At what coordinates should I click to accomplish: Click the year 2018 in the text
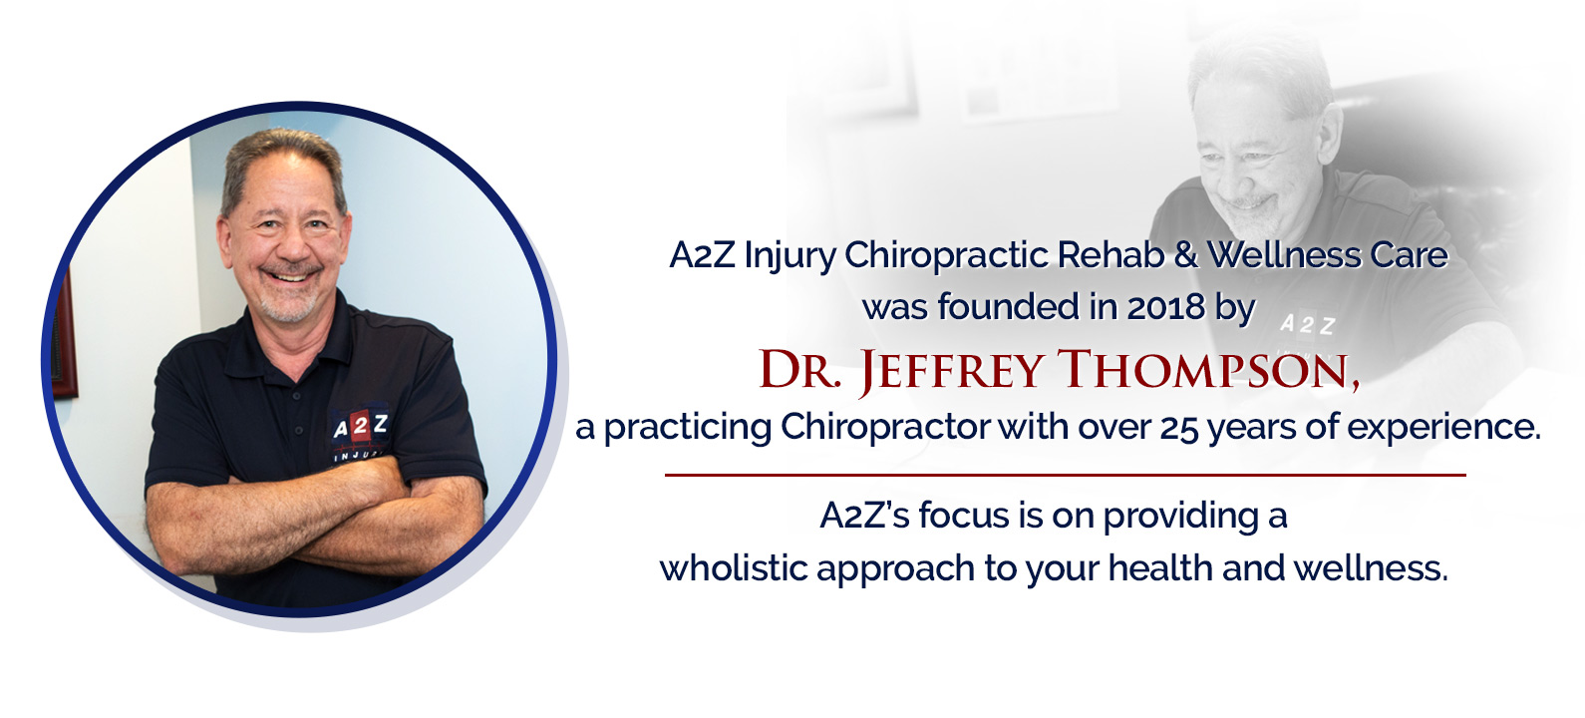click(1165, 306)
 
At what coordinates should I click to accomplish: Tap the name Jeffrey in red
click(951, 370)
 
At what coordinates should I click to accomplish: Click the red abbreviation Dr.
click(800, 369)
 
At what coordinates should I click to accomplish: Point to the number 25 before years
click(1179, 427)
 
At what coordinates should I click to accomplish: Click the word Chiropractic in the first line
click(947, 255)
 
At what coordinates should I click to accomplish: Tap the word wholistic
click(734, 567)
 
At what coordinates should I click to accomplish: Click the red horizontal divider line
click(1065, 475)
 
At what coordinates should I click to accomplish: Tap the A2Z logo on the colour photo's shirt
click(360, 426)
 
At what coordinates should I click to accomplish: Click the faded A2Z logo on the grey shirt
click(1308, 324)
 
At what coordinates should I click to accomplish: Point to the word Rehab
click(1110, 255)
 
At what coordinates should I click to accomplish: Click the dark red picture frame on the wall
click(64, 333)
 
